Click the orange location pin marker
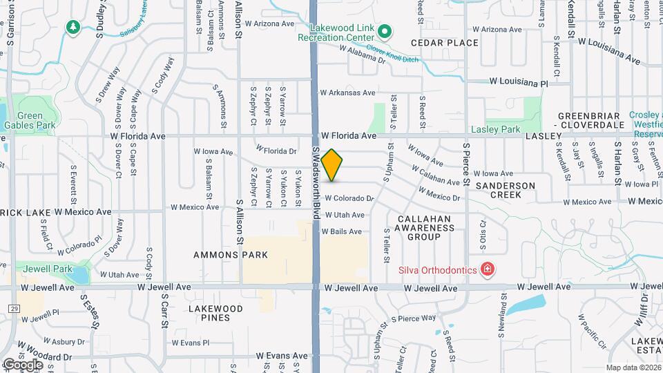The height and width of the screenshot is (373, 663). [331, 164]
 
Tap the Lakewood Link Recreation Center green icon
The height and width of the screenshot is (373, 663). [385, 31]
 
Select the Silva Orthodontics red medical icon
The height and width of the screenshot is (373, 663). [488, 269]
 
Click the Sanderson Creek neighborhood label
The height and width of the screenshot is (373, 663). [506, 190]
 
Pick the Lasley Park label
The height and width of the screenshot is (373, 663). [494, 129]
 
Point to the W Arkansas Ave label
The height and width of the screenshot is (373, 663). [347, 93]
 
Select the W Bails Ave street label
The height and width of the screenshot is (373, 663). [341, 232]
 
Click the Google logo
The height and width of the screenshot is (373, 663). [23, 364]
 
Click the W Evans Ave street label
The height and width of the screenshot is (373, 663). [281, 356]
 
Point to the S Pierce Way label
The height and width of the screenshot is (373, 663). [414, 318]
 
